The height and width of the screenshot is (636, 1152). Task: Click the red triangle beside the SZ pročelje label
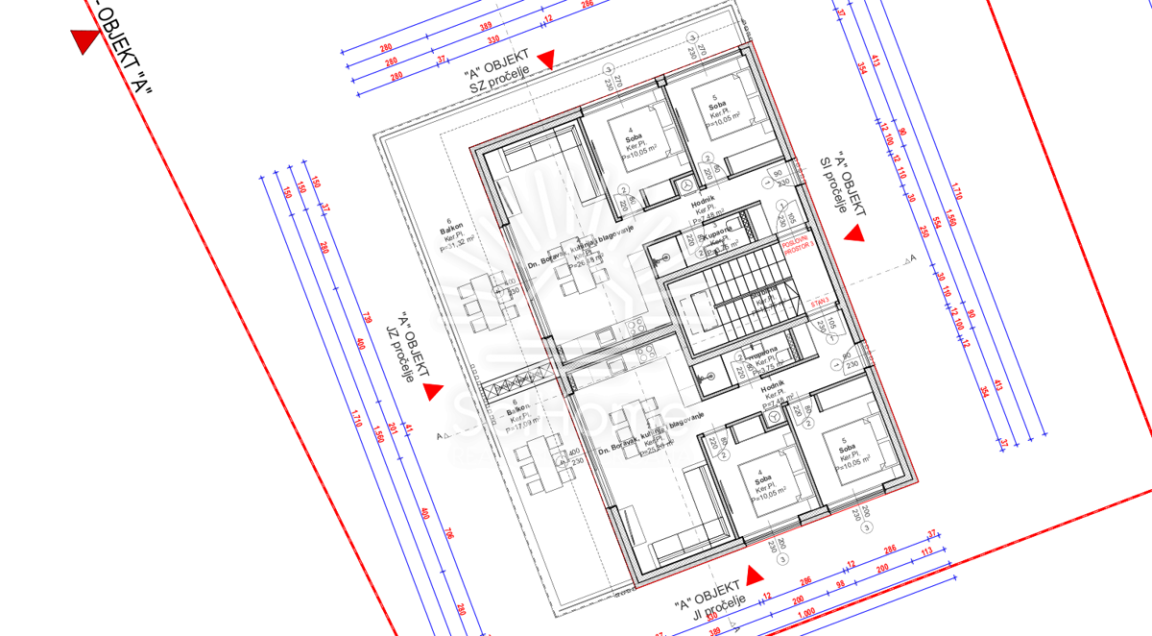coord(545,60)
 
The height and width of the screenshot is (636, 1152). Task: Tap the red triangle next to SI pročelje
coord(853,232)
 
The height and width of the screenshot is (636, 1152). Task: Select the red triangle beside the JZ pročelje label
coord(431,391)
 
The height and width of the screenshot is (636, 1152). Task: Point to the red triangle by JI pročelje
coord(755,575)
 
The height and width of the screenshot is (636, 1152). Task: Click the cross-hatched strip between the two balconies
coord(518,386)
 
